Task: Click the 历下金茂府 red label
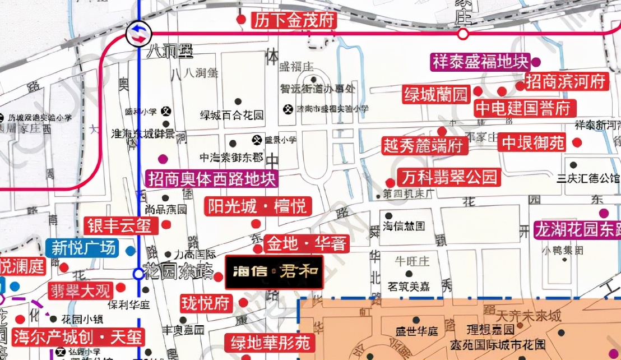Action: point(293,21)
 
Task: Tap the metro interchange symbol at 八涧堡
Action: point(138,34)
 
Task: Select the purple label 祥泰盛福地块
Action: point(480,62)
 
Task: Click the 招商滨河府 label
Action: point(566,82)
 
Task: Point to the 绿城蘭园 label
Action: point(436,95)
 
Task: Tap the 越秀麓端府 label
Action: point(424,146)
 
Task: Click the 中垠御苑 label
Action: point(533,143)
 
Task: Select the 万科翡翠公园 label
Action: point(448,178)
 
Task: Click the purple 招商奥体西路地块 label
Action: point(212,179)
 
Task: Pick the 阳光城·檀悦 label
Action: point(258,206)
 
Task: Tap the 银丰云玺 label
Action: point(119,226)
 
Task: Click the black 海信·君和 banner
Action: point(274,273)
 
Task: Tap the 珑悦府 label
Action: point(206,304)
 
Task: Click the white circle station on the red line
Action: point(463,34)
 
